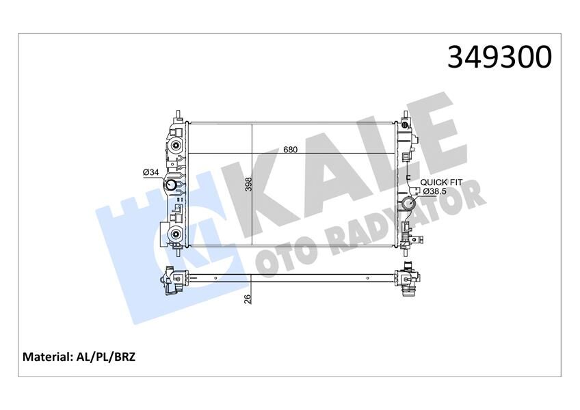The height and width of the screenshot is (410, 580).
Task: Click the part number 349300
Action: [499, 57]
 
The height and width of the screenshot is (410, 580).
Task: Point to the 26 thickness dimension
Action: [248, 299]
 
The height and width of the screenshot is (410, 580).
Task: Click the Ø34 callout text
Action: [150, 172]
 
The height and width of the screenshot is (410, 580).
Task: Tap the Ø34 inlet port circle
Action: [171, 186]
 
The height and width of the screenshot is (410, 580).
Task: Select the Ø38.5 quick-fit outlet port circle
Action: [409, 203]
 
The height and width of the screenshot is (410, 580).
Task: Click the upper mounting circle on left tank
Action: [176, 144]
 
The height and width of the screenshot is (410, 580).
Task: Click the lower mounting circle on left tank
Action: [176, 235]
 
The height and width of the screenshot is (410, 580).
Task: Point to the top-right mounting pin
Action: [405, 113]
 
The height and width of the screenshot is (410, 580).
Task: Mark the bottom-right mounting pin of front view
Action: [405, 251]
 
